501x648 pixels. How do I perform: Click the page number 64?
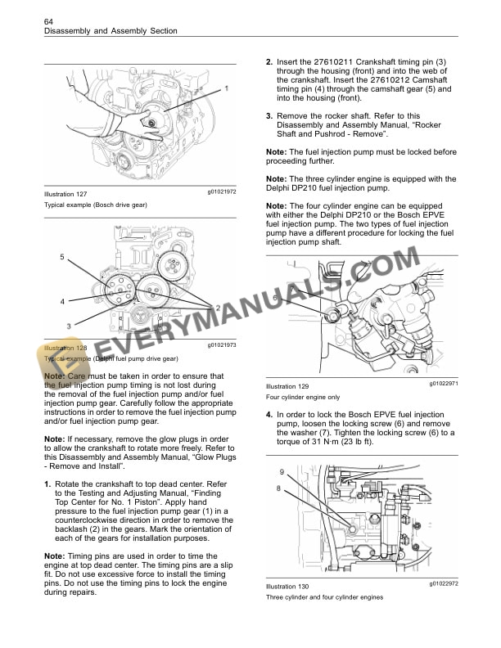click(x=48, y=20)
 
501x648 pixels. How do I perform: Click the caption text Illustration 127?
click(x=65, y=194)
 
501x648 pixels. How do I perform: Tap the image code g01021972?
click(x=221, y=191)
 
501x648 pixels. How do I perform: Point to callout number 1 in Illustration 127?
click(x=227, y=87)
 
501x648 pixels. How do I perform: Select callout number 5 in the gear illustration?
click(x=61, y=258)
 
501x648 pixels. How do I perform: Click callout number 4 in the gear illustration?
click(x=61, y=301)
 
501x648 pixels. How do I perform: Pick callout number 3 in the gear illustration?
click(x=68, y=326)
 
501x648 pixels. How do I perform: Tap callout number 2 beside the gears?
click(x=218, y=307)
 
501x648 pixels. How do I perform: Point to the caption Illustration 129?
click(x=287, y=386)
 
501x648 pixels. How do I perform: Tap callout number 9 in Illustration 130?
click(x=282, y=472)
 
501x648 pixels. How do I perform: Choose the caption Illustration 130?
click(x=287, y=587)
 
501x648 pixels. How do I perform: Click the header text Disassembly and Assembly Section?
click(x=111, y=31)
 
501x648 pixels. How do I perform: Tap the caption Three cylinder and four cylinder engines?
click(x=325, y=597)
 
